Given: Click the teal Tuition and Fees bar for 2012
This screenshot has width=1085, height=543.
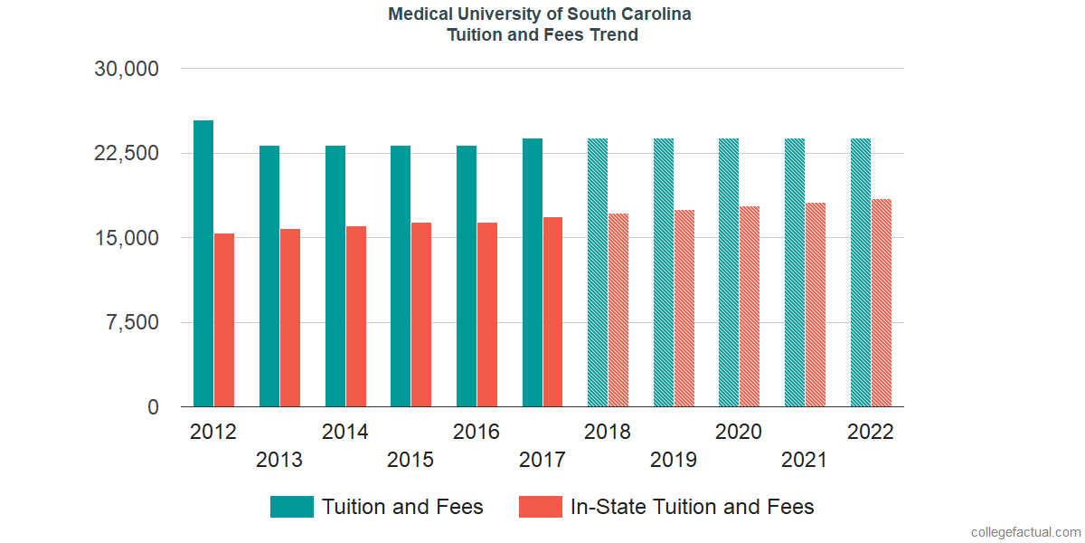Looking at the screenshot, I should [203, 263].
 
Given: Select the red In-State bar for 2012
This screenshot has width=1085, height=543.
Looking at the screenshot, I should [224, 320].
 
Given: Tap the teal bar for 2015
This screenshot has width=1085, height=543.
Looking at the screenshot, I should [401, 276].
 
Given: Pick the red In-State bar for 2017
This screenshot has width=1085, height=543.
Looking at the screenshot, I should [552, 312].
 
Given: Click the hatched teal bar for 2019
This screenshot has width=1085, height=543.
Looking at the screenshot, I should [664, 272].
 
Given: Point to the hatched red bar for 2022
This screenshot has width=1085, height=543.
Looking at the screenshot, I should [882, 303].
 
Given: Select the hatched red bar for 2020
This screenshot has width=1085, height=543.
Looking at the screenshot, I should [750, 307].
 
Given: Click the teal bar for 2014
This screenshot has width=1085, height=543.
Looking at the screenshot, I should [335, 276].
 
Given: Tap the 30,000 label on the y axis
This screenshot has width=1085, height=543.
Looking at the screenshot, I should [127, 69].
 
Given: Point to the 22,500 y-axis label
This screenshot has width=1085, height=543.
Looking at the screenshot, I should [127, 154].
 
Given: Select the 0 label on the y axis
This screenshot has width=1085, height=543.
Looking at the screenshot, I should [154, 408].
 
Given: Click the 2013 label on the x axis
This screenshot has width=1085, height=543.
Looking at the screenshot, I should [279, 460].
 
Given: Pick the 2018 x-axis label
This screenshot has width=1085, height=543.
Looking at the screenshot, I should [608, 432].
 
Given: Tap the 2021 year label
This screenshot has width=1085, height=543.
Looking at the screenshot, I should [804, 460].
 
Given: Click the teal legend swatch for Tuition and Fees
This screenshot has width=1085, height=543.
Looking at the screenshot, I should [292, 507].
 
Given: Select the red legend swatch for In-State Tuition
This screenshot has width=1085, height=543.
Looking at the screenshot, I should [541, 507].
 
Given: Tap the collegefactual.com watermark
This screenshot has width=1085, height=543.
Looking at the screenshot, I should [1025, 532].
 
